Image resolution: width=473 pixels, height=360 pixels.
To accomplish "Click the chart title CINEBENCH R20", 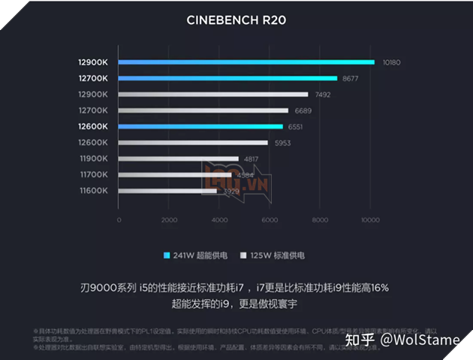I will pos(236,20).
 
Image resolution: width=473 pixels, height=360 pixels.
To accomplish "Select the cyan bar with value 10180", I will pos(246,62).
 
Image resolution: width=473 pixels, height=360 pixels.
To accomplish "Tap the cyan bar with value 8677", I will pos(227,78).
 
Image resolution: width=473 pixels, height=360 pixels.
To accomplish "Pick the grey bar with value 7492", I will pos(212,95).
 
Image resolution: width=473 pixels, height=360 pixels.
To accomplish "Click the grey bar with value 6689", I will pos(203,110).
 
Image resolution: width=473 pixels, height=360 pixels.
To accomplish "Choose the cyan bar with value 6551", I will pos(200,126).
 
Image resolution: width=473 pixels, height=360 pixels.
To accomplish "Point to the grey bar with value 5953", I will pos(193,143).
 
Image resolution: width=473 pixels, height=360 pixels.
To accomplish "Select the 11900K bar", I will pos(179,159).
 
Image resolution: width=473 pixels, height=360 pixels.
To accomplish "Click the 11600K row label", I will pos(93,191).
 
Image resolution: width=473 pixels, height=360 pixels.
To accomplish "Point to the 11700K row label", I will pos(93,174).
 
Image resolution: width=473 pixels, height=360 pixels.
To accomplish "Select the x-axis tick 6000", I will pos(269,220).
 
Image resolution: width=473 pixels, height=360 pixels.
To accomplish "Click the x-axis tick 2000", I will pos(169,220).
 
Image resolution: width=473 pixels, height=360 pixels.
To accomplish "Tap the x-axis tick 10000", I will pos(369,220).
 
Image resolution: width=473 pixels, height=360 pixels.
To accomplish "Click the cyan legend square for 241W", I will pos(167,256).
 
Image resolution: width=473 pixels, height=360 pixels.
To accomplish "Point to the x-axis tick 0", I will pos(119,220).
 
